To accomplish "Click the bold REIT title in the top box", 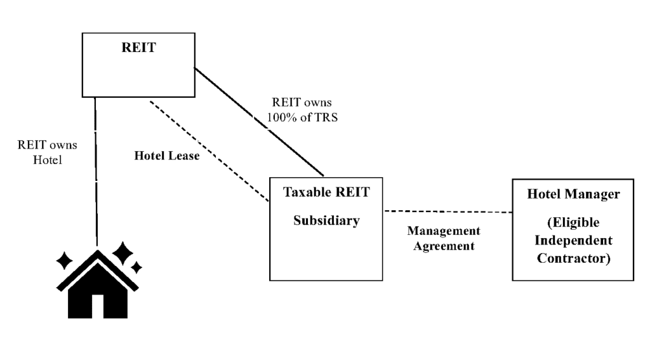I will pos(137,47).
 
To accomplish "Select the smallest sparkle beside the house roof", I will pos(136,267).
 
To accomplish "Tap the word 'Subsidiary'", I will pos(326,220).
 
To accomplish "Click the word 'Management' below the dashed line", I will pos(444,231).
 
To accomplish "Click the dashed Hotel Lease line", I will pos(207,150).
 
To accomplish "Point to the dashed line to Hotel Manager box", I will pos(447,211).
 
